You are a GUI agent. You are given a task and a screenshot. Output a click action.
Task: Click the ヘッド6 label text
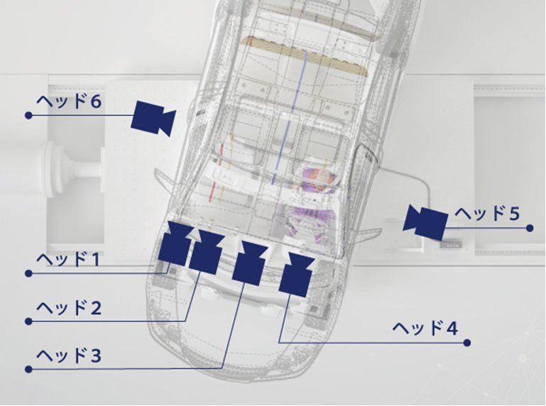coord(69,101)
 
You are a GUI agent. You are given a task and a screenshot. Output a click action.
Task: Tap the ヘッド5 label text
coord(487,213)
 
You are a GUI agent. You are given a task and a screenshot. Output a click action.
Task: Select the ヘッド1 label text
coord(68,259)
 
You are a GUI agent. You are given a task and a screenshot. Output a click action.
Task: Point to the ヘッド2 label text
coord(69,308)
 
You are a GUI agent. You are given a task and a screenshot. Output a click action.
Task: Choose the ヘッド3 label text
coord(69,356)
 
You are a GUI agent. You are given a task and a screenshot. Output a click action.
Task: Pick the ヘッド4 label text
coord(425,328)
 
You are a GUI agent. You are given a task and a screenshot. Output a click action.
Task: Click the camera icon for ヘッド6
coord(153,118)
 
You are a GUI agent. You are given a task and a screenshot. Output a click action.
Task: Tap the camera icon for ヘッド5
coord(425,222)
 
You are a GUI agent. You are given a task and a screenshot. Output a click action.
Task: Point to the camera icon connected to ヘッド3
coord(250,263)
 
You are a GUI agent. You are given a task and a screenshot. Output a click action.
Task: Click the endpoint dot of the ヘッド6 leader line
coord(29,115)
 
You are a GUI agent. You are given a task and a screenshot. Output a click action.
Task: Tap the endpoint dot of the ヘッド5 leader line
coord(530,228)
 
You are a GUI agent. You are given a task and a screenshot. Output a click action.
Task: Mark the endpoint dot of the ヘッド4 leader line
coord(467,343)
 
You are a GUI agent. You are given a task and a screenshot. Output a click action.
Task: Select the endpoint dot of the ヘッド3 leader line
coord(29,369)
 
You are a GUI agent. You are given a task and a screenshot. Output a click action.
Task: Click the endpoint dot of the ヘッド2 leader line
coord(29,321)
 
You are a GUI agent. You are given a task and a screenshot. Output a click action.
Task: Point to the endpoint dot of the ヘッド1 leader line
coord(29,273)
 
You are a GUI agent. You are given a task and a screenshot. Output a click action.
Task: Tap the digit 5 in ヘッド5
coord(514,214)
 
